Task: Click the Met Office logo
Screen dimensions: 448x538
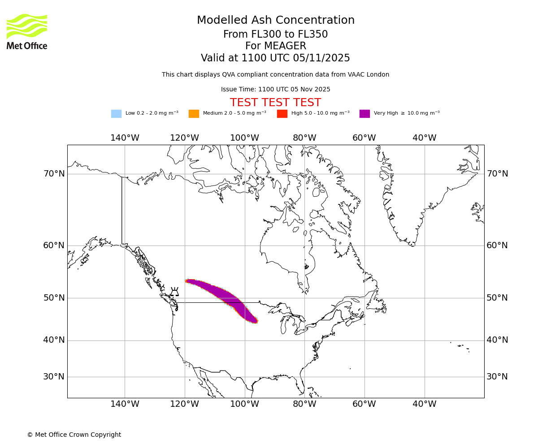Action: coord(27,31)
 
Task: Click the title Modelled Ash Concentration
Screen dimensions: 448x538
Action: coord(276,21)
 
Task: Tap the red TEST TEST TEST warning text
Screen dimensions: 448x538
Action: coord(275,103)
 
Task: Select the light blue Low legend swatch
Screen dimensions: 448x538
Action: coord(116,114)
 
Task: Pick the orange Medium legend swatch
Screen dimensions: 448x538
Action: coord(194,114)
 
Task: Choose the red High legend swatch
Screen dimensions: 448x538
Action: coord(282,114)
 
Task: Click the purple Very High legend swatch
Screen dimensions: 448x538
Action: coord(364,114)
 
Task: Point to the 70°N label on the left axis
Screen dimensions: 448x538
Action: coord(54,174)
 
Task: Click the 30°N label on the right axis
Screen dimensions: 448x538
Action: coord(497,377)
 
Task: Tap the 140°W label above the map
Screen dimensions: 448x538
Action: coord(125,138)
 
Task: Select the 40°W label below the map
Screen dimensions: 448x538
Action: coord(424,404)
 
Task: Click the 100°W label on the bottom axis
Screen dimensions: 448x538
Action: coord(244,404)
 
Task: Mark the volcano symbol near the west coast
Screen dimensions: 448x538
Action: coord(174,292)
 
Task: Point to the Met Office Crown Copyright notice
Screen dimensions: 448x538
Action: coord(74,435)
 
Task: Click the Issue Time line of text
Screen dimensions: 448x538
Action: coord(275,90)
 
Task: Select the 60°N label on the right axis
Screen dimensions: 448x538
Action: coord(497,246)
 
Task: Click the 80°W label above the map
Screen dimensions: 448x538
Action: coord(304,138)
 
